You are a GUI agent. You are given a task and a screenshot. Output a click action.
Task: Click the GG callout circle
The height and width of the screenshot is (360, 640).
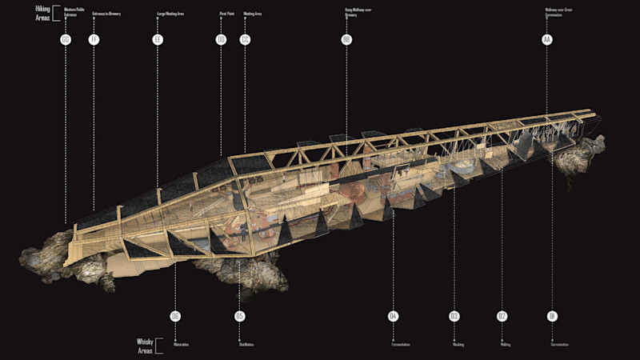click(x=66, y=39)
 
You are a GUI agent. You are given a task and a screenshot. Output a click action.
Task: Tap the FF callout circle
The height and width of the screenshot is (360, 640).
click(x=94, y=39)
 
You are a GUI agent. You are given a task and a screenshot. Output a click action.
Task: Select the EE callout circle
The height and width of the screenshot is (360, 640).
click(x=158, y=39)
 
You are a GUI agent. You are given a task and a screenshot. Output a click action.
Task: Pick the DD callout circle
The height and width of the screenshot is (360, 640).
click(x=222, y=39)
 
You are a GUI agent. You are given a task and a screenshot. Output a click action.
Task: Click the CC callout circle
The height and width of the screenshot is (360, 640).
click(x=245, y=39)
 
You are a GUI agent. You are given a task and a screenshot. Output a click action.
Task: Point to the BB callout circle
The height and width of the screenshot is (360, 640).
click(x=346, y=39)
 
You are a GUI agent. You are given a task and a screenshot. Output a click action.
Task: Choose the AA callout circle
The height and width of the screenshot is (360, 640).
click(x=546, y=39)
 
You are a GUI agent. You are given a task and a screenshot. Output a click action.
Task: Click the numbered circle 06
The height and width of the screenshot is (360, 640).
click(x=175, y=317)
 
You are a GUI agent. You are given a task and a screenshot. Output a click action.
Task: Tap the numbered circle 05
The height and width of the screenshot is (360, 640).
click(x=239, y=317)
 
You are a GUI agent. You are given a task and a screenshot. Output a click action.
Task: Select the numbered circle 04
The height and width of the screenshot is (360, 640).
click(x=393, y=317)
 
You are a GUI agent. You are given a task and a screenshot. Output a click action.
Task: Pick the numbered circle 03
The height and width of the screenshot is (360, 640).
click(x=454, y=317)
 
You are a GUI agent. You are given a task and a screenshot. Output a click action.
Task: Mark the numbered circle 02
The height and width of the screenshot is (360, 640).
click(x=502, y=317)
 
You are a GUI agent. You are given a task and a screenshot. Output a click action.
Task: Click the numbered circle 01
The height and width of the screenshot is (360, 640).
click(x=551, y=317)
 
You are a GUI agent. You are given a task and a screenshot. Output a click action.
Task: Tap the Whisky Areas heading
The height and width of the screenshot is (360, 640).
click(x=145, y=345)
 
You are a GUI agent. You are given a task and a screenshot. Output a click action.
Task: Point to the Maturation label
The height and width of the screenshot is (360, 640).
click(x=181, y=345)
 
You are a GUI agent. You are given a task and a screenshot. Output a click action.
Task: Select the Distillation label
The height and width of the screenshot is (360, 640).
click(x=246, y=345)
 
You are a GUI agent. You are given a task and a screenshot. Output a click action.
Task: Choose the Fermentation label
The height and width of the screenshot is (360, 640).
click(x=401, y=345)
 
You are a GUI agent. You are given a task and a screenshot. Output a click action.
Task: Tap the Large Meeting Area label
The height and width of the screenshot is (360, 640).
click(x=170, y=14)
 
